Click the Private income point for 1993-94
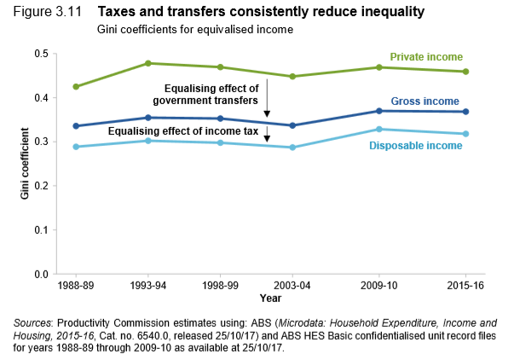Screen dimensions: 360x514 [x=148, y=63]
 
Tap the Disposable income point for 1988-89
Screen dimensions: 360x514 [x=77, y=147]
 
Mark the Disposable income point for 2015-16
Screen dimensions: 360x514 [x=466, y=134]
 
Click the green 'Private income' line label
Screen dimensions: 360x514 [x=426, y=57]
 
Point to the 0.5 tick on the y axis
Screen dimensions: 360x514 [x=42, y=54]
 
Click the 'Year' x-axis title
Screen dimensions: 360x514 [x=270, y=299]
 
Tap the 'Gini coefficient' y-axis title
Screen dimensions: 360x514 [x=25, y=164]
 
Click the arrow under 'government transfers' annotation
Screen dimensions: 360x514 [x=268, y=98]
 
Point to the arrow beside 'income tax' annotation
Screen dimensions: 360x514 [x=268, y=135]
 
